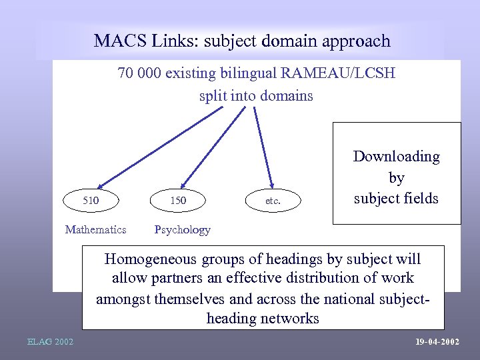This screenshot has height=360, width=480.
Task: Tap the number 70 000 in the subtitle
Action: [137, 73]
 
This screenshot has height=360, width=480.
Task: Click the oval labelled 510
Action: [91, 200]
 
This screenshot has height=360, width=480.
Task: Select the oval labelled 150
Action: [178, 200]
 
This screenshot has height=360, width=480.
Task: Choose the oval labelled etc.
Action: [273, 200]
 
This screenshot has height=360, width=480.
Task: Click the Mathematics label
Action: [95, 229]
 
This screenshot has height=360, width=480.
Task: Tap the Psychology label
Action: [182, 229]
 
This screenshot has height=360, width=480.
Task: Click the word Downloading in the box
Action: [396, 157]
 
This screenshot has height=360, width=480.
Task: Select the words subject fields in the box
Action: [396, 198]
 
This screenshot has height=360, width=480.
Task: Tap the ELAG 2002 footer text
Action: [50, 342]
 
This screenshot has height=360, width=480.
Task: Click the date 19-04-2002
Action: [437, 342]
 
